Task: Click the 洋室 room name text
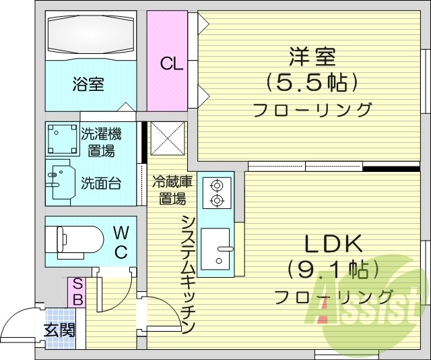[312, 54]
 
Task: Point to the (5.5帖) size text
[311, 82]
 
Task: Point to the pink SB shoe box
[77, 292]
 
